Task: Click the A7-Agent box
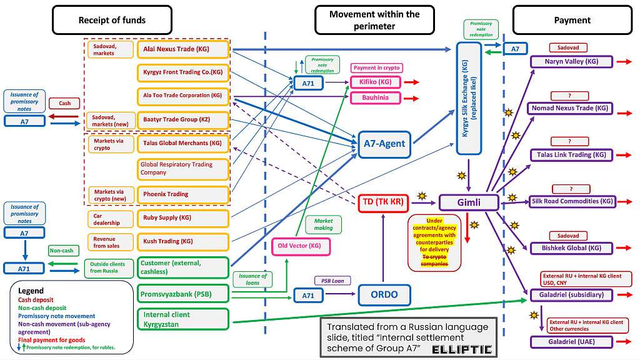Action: [384, 143]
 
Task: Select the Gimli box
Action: [469, 202]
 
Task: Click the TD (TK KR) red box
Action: [384, 202]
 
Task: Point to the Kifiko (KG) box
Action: [376, 82]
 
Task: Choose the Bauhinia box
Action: [376, 97]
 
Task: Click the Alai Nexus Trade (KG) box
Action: [182, 49]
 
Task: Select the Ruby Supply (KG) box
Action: [182, 218]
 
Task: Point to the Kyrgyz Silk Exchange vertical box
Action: [469, 98]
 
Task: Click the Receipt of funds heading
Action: [112, 20]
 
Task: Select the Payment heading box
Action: [572, 20]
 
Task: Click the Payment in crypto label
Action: [376, 67]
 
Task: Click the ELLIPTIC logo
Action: [462, 349]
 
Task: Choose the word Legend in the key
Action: [31, 291]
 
